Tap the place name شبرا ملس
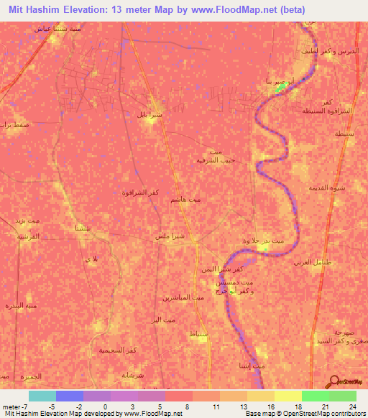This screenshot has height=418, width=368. click(x=170, y=236)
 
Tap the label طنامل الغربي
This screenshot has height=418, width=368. click(x=310, y=263)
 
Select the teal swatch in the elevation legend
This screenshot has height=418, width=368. click(x=42, y=396)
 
